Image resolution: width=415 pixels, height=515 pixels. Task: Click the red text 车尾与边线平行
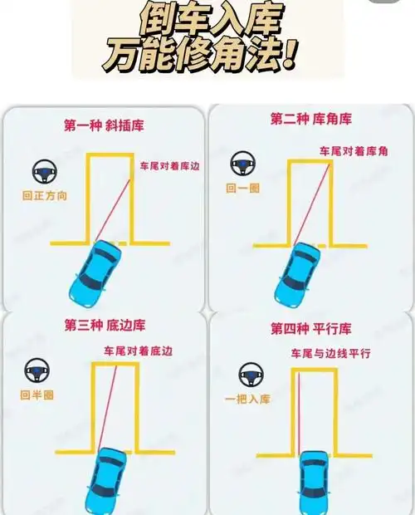pos(330,354)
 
